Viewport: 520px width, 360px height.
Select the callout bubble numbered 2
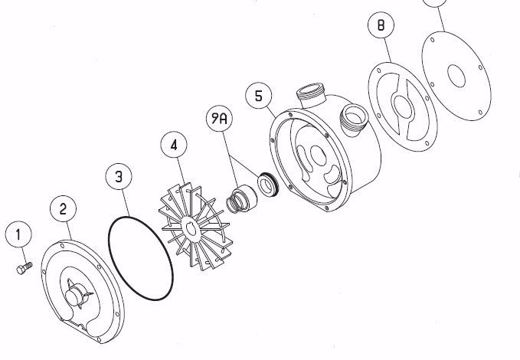click(x=64, y=208)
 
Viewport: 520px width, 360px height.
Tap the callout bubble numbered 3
click(x=118, y=177)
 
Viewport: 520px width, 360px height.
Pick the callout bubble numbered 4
click(x=174, y=144)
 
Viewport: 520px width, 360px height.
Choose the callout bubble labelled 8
click(x=381, y=25)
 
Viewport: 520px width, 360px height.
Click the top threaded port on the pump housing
click(x=315, y=96)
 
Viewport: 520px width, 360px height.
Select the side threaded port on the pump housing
click(x=355, y=119)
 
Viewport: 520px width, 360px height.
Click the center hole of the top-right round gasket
click(x=456, y=76)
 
